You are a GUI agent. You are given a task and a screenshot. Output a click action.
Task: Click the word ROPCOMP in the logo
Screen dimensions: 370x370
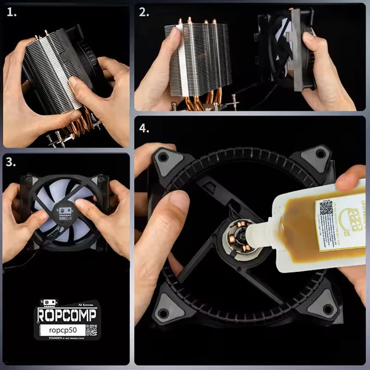pos(66,315)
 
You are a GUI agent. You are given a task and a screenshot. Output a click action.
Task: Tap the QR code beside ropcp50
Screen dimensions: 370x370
pos(91,330)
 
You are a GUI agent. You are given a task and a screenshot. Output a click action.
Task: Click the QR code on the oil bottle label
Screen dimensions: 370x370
pos(326,208)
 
